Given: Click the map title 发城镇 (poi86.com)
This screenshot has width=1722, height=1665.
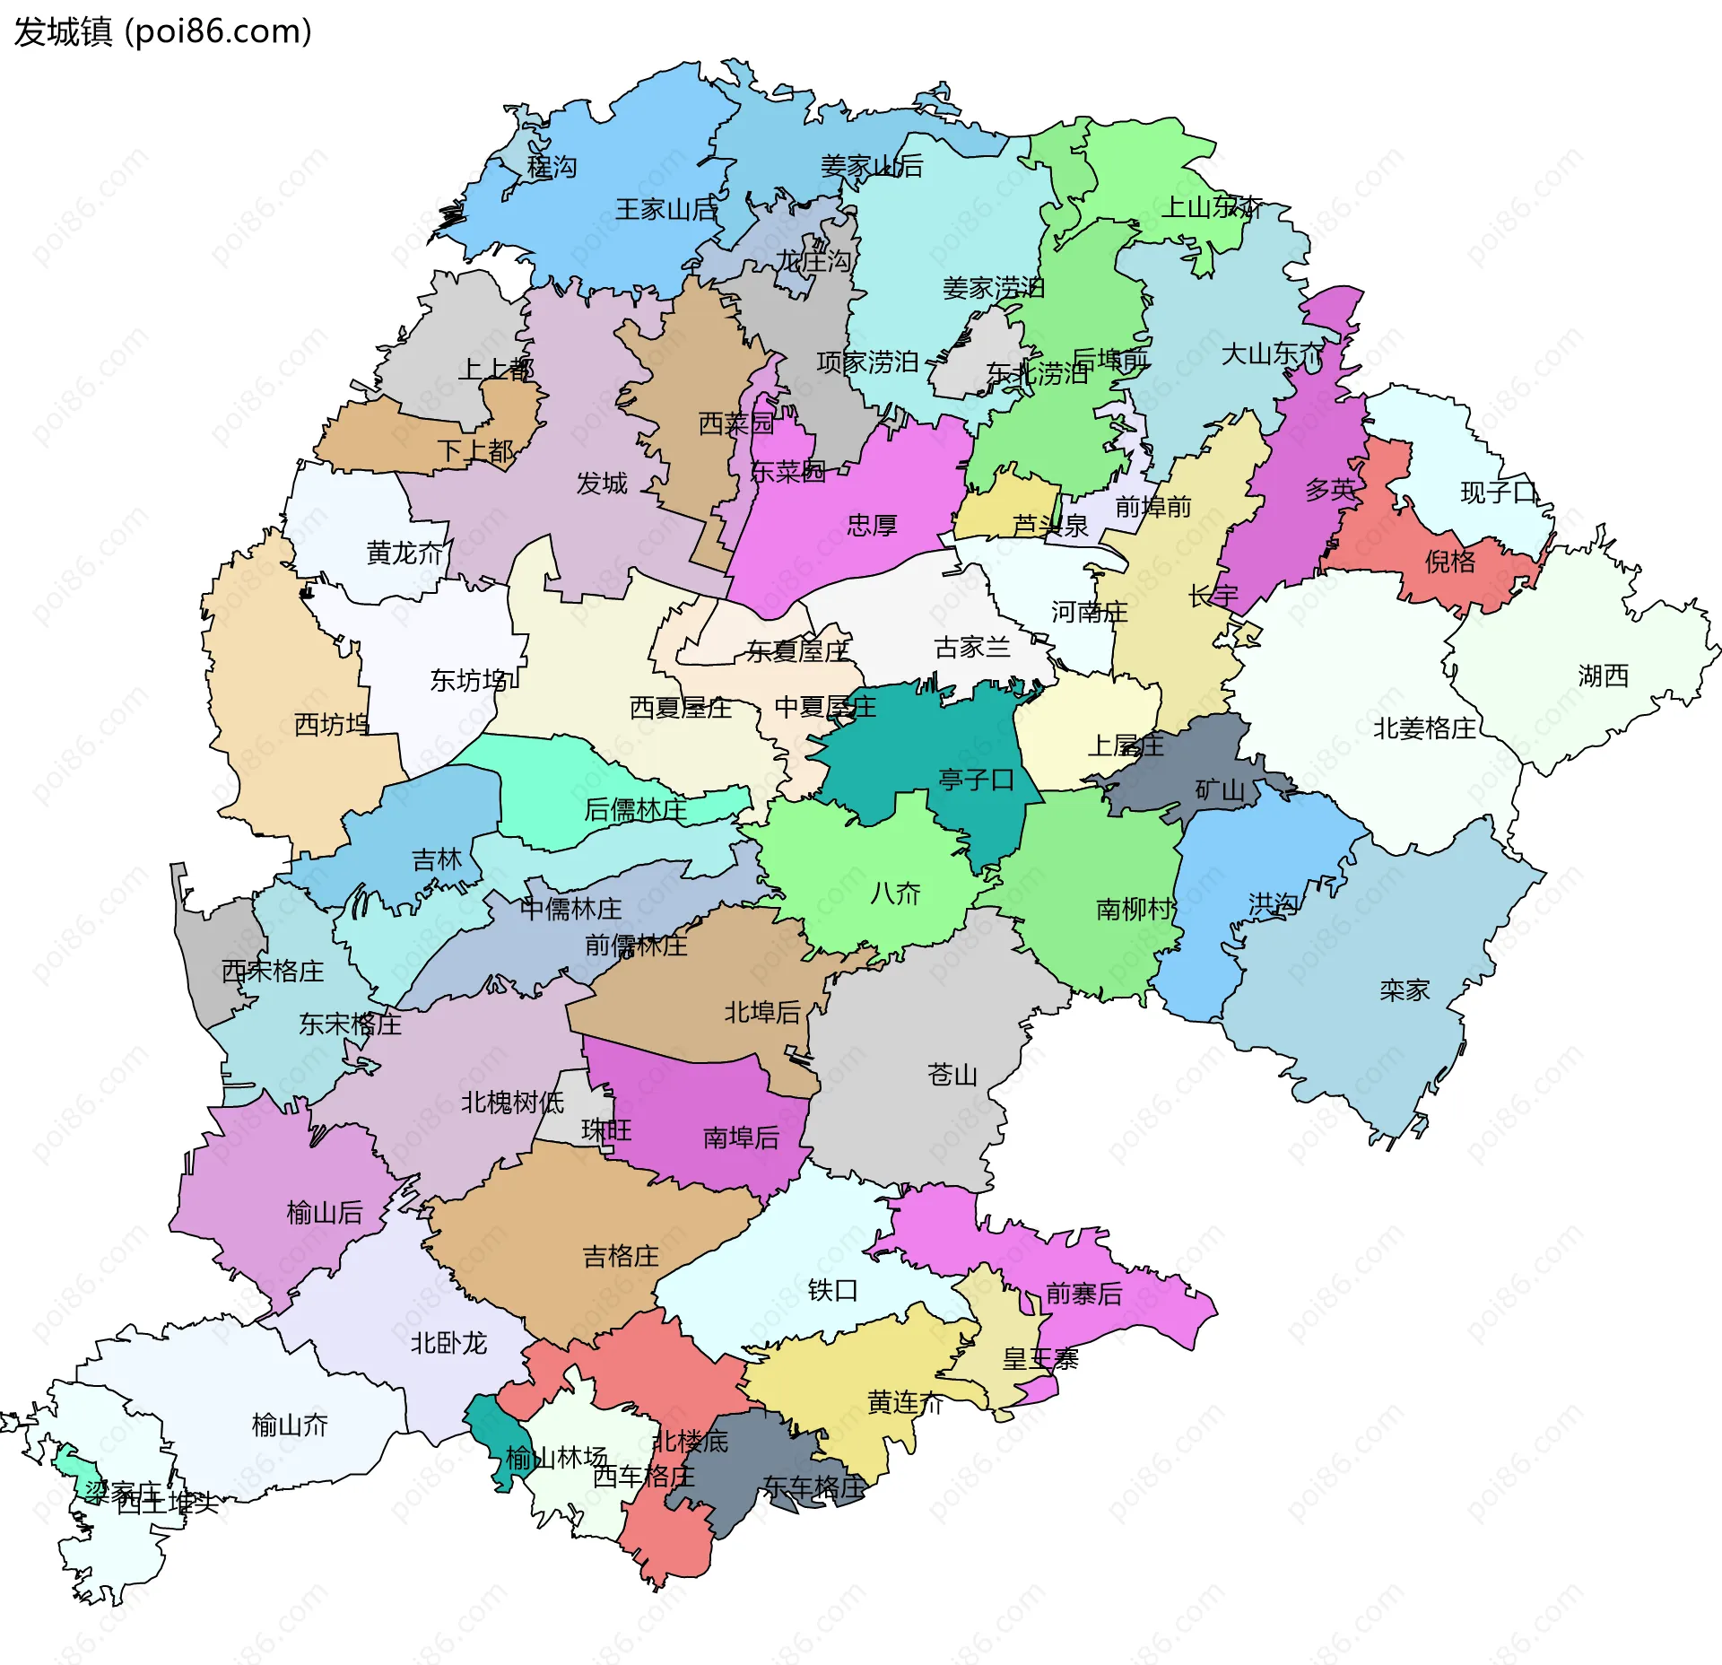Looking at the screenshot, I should (162, 31).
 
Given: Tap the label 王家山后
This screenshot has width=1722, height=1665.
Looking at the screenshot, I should (665, 210).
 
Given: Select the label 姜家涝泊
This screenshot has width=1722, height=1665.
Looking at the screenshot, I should (993, 288).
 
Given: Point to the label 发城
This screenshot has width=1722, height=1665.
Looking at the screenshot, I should (601, 484).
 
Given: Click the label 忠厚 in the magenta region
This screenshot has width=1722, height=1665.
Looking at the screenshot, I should (872, 525).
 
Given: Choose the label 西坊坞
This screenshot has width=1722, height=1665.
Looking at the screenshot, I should (331, 724).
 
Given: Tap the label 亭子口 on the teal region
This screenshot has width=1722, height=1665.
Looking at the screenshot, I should (975, 779).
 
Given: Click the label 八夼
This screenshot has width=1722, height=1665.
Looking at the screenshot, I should (895, 893).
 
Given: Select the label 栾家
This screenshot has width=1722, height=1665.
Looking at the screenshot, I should (1404, 990).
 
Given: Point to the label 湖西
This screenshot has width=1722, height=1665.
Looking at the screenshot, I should (1603, 676).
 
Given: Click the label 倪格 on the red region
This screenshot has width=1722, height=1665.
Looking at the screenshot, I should (1449, 562).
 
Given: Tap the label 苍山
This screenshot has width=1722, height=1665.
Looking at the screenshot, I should (952, 1074).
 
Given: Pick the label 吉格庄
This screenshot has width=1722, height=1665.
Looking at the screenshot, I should (621, 1256).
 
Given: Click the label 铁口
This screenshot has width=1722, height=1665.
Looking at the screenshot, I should (832, 1290).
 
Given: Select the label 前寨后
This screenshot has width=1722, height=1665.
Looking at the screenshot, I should (1083, 1294).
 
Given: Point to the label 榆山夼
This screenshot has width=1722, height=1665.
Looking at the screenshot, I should (290, 1425).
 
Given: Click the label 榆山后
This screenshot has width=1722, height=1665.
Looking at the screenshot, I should (324, 1213).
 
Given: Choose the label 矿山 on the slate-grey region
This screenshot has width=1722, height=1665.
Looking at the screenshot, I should (1219, 790).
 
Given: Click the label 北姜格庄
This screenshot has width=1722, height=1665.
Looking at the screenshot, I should (1423, 728).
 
